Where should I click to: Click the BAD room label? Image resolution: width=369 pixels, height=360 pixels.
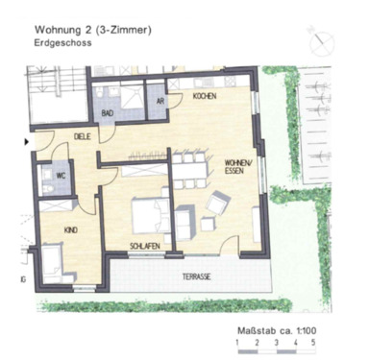click(109, 113)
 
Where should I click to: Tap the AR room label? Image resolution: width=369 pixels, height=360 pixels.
click(160, 101)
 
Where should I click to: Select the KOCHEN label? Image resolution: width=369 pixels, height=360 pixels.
click(204, 98)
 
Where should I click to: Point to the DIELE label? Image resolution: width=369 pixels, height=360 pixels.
click(84, 137)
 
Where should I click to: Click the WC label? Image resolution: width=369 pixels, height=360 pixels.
click(60, 176)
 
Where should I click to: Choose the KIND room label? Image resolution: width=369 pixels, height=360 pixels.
click(70, 230)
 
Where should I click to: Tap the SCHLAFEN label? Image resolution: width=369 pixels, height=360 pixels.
click(144, 247)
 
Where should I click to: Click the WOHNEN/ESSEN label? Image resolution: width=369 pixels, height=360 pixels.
click(238, 168)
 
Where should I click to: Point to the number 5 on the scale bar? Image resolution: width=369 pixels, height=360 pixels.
click(312, 342)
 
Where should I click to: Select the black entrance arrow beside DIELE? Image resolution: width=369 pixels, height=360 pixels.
click(27, 141)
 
